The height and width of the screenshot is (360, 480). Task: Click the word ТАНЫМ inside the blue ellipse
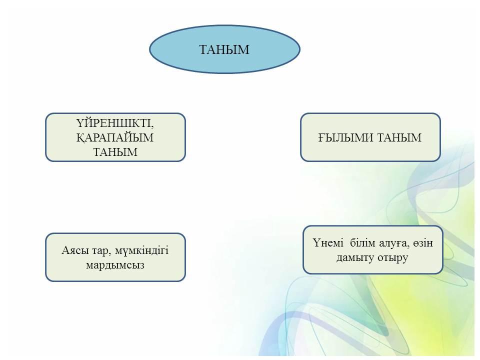pos(224,49)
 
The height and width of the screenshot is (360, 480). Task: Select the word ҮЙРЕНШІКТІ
pos(114,123)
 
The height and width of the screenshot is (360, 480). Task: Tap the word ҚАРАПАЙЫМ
pos(115,138)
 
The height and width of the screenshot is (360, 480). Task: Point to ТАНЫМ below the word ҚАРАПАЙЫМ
pos(115,152)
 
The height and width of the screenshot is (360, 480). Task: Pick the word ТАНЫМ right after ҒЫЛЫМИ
pos(399,137)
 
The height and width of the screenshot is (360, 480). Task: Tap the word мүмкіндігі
pos(141,251)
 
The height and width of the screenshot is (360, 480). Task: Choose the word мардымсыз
pos(115,265)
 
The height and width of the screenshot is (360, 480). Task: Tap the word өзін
pos(423,243)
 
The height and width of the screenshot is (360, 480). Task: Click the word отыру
pos(393,258)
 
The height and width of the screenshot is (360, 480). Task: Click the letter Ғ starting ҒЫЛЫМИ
pos(321,137)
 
